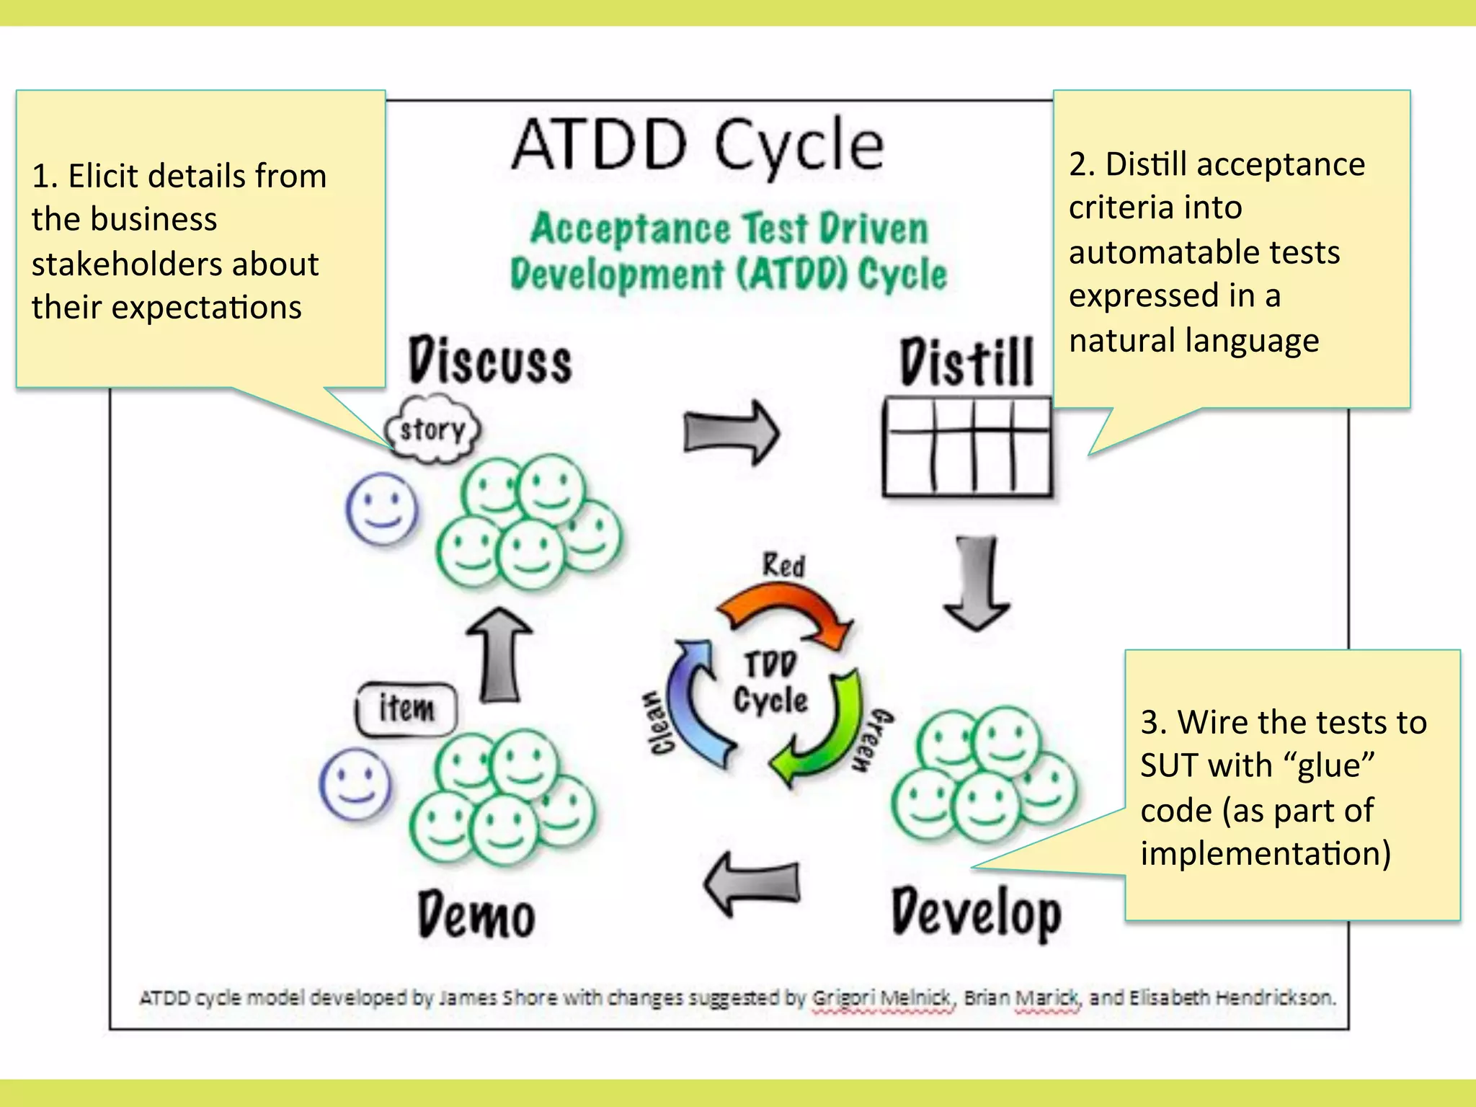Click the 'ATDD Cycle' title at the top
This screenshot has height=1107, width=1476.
click(x=697, y=146)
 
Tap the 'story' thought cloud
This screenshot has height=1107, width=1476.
click(x=432, y=430)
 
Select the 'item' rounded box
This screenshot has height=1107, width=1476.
click(x=406, y=709)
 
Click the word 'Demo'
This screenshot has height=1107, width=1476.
click(x=476, y=915)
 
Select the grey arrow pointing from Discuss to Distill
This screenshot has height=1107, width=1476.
click(x=731, y=433)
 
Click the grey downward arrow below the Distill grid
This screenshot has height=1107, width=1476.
click(x=977, y=584)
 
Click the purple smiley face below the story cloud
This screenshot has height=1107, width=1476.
click(x=381, y=508)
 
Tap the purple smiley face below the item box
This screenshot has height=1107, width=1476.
click(x=355, y=784)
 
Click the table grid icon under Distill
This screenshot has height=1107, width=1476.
click(x=966, y=447)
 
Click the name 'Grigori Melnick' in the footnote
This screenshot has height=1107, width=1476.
click(x=881, y=997)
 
